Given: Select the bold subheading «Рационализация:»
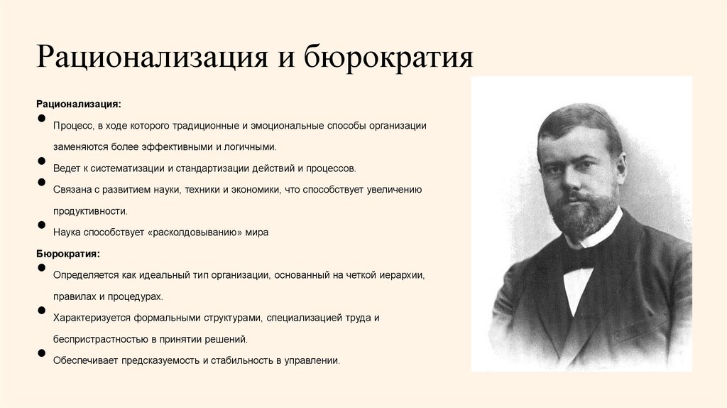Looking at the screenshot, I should pos(78,103).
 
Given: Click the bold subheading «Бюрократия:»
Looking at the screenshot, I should pos(68,253).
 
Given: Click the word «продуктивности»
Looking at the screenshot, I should pos(90,211).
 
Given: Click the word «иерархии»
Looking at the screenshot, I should pos(399,274).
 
